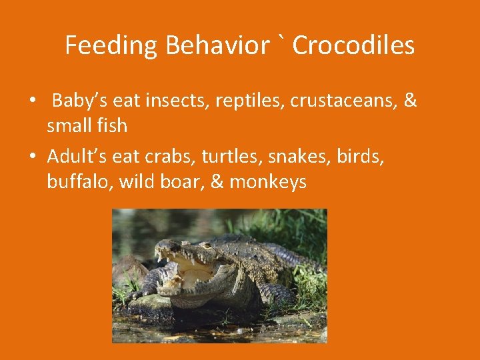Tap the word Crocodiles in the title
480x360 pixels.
353,46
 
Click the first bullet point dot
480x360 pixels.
32,102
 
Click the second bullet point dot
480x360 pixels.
32,157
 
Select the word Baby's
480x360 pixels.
80,101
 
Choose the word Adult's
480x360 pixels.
77,156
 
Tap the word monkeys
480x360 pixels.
268,182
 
